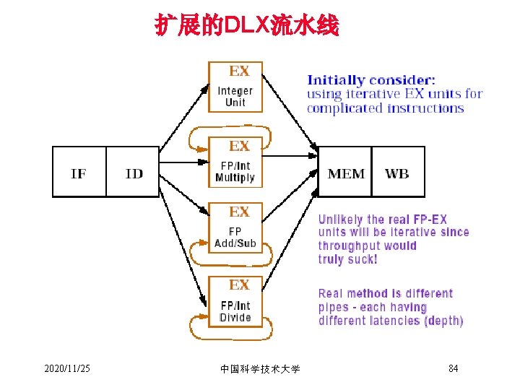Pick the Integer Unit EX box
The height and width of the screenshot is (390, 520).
(235, 87)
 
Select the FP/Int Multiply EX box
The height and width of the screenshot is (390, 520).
(235, 163)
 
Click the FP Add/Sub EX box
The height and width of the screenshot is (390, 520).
(235, 228)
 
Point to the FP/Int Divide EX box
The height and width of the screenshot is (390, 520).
(235, 302)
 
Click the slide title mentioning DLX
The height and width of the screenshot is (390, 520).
(246, 27)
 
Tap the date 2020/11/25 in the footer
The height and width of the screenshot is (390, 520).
(67, 369)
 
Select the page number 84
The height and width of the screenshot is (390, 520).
(453, 369)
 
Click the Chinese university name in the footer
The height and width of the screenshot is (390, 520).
(260, 369)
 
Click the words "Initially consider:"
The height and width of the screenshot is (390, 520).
(371, 80)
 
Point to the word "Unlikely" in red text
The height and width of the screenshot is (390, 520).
(341, 220)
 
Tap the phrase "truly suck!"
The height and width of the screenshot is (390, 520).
(347, 259)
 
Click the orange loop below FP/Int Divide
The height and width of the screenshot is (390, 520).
(230, 333)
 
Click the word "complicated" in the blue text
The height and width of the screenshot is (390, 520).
(344, 108)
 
